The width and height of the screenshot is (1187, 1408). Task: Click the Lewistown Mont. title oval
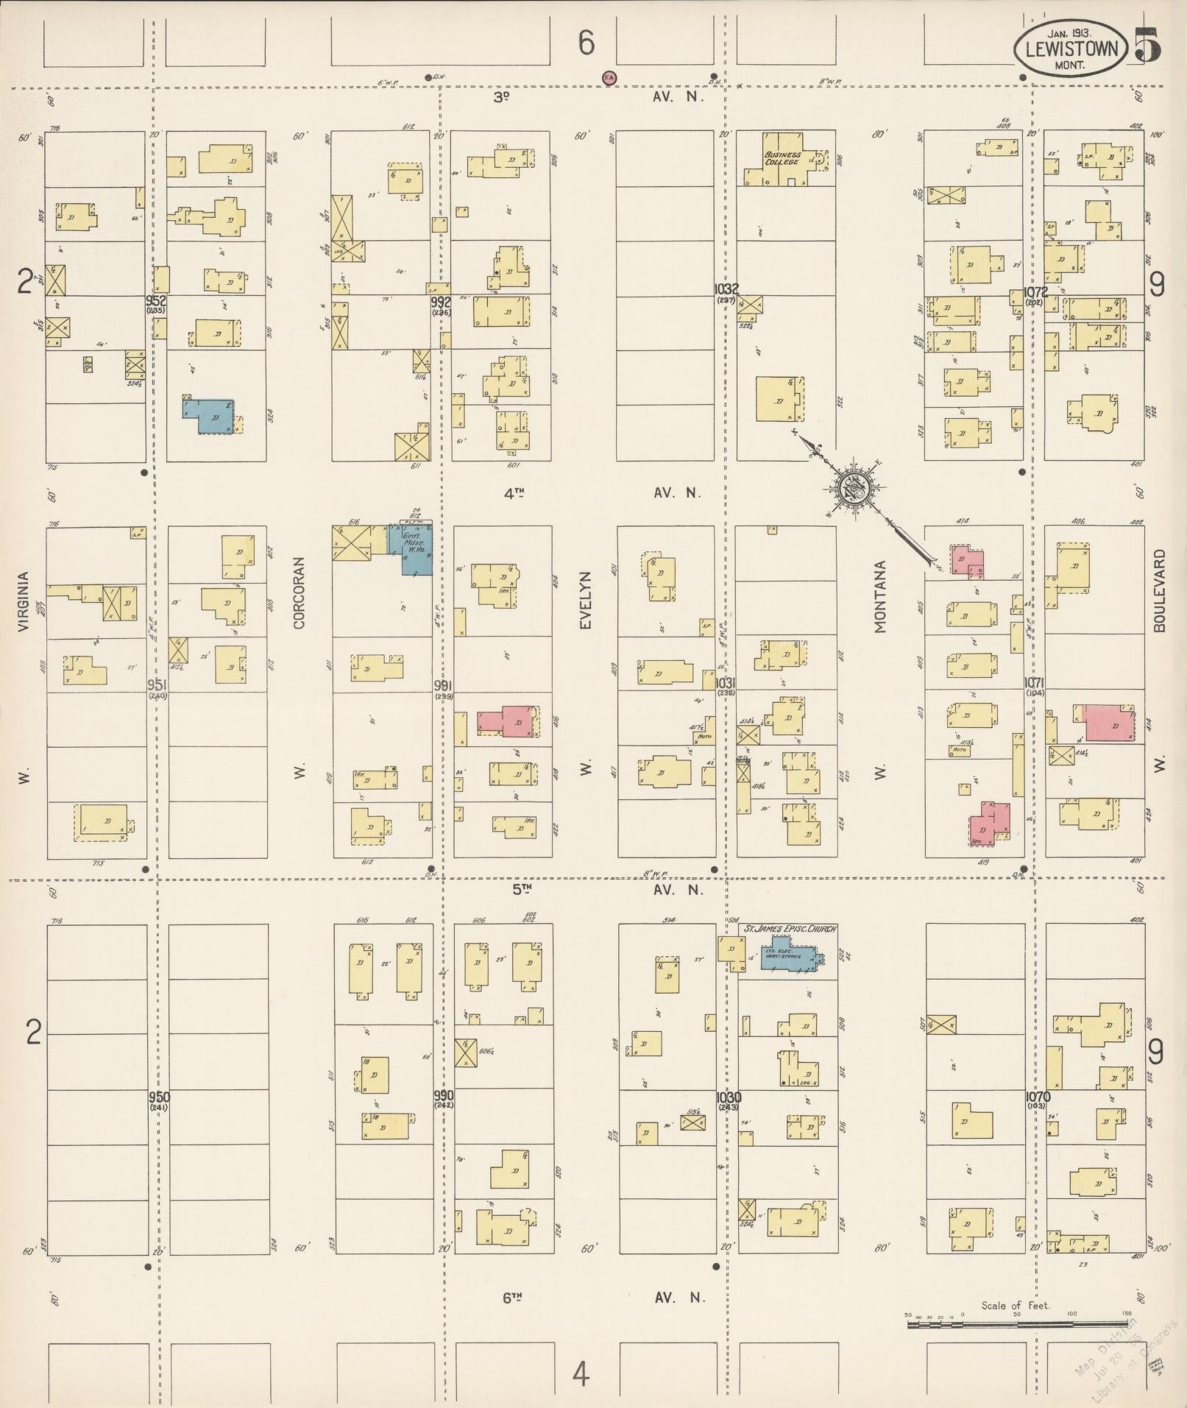point(1070,48)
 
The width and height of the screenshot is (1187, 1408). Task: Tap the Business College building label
point(782,158)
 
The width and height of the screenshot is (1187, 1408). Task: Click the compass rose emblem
point(855,486)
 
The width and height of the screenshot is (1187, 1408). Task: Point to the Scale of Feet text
point(1015,1306)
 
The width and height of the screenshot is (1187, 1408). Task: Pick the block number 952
point(155,300)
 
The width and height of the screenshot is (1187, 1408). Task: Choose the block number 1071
point(1035,682)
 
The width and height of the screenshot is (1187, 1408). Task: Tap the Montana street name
point(881,597)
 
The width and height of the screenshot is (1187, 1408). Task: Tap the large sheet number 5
point(1147,45)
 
